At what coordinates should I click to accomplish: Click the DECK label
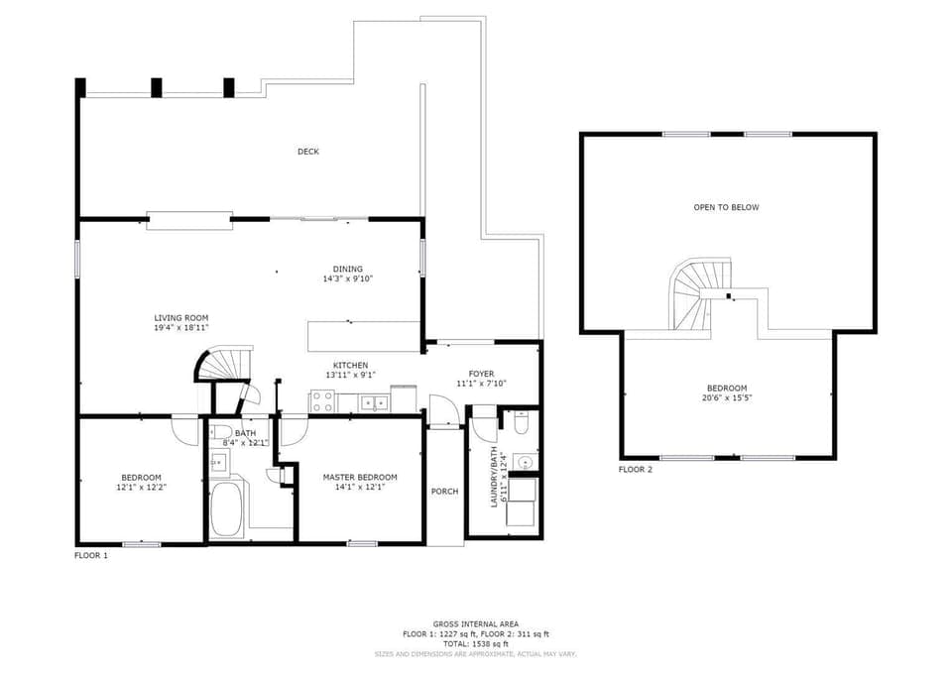coord(308,152)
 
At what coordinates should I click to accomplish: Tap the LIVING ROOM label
coord(180,317)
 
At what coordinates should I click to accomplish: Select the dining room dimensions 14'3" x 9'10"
coord(347,279)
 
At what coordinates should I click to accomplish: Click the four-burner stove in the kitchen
coord(323,401)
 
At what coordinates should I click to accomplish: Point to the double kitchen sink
coord(374,402)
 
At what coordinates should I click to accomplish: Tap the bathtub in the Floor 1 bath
coord(229,508)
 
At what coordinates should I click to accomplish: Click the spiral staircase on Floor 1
coord(224,365)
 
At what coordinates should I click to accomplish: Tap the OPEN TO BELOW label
coord(726,207)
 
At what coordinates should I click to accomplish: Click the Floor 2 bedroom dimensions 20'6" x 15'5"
coord(727,398)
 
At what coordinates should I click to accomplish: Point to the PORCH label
coord(444,492)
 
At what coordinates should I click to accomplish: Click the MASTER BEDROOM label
coord(360,477)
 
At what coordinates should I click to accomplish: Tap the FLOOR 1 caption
coord(91,555)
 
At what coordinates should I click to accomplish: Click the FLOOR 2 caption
coord(636,470)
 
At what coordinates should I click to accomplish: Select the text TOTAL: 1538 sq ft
coord(475,643)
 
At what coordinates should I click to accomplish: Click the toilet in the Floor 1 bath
coord(220,432)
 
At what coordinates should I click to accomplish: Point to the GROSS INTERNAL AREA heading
coord(475,623)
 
